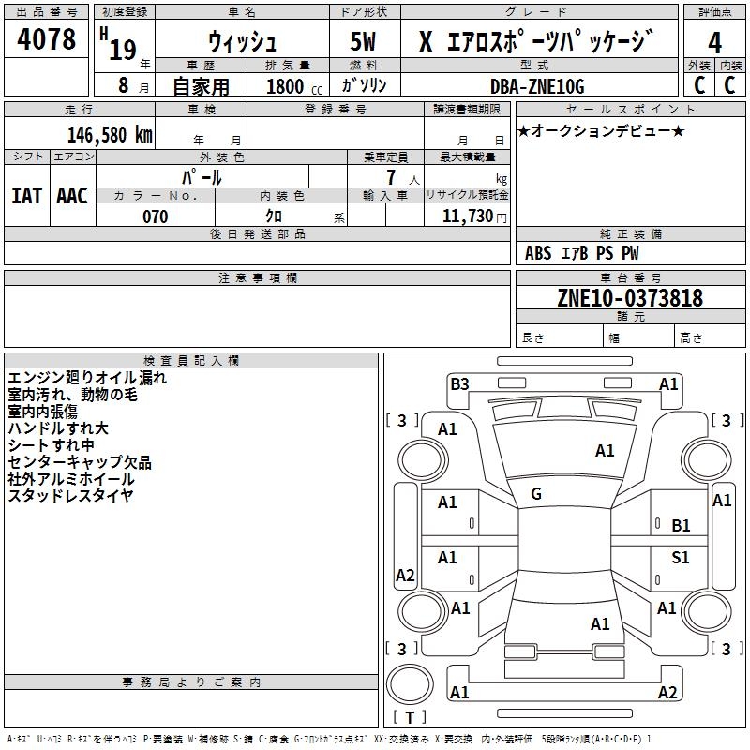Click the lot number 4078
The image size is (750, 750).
coord(46,38)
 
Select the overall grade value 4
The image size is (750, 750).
coord(714,43)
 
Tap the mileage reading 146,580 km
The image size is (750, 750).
coord(110,135)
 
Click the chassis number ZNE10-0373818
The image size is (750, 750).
coord(630,297)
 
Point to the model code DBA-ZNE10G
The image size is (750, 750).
coord(537,86)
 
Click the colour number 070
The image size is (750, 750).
coord(156,217)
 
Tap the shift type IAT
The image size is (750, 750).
coord(27,196)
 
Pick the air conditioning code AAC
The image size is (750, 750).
coord(72,196)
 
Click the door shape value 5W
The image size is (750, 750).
coord(363,41)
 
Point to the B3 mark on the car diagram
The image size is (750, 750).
coord(459,384)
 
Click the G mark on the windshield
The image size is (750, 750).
coord(536,494)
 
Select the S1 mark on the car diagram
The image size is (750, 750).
coord(681,557)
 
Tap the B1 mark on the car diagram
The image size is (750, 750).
coord(681,526)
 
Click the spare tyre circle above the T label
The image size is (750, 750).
coord(410,684)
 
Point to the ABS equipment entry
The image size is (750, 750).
coord(538,253)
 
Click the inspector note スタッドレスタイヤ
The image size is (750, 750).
coord(70,496)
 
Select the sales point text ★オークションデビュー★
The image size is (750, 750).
coord(601,131)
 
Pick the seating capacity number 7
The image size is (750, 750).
coord(391,177)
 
